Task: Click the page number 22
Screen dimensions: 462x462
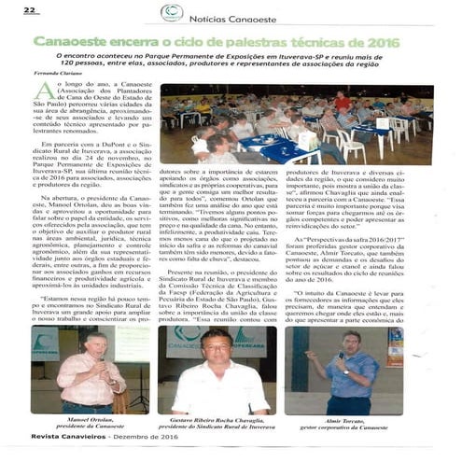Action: [x=30, y=10]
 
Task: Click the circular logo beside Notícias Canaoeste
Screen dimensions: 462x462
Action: [x=171, y=12]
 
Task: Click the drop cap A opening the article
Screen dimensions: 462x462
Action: [x=43, y=91]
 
